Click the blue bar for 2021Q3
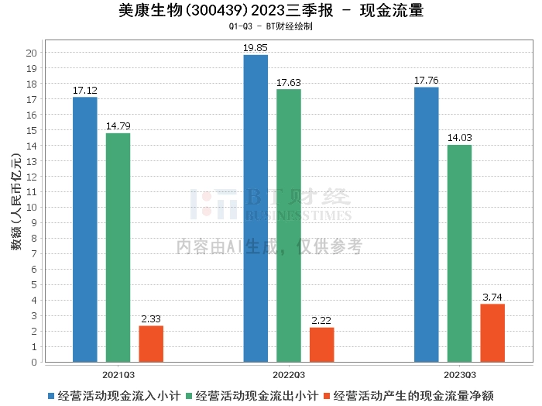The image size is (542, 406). pyautogui.click(x=85, y=229)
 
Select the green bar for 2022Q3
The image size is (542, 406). pyautogui.click(x=289, y=225)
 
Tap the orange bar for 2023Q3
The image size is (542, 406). pyautogui.click(x=492, y=333)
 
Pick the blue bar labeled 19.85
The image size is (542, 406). pyautogui.click(x=256, y=208)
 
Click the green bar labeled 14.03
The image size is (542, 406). pyautogui.click(x=459, y=253)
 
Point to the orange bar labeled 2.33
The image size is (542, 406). pyautogui.click(x=151, y=344)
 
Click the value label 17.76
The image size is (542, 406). pyautogui.click(x=426, y=81)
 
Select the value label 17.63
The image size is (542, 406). pyautogui.click(x=289, y=83)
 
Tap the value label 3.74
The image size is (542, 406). pyautogui.click(x=492, y=297)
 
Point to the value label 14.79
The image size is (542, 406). pyautogui.click(x=118, y=126)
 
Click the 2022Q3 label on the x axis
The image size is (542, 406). pyautogui.click(x=289, y=375)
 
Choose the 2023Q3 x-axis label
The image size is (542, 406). pyautogui.click(x=460, y=375)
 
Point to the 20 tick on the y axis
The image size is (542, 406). pyautogui.click(x=32, y=53)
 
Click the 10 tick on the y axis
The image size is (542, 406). pyautogui.click(x=32, y=208)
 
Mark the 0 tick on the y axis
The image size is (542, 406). pyautogui.click(x=34, y=362)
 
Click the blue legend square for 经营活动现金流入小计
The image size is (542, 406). pyautogui.click(x=51, y=396)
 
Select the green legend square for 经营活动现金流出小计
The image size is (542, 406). pyautogui.click(x=189, y=396)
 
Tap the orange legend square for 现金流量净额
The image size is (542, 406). pyautogui.click(x=327, y=396)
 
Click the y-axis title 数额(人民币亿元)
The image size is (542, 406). pyautogui.click(x=16, y=202)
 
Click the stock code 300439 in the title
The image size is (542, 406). pyautogui.click(x=217, y=11)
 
